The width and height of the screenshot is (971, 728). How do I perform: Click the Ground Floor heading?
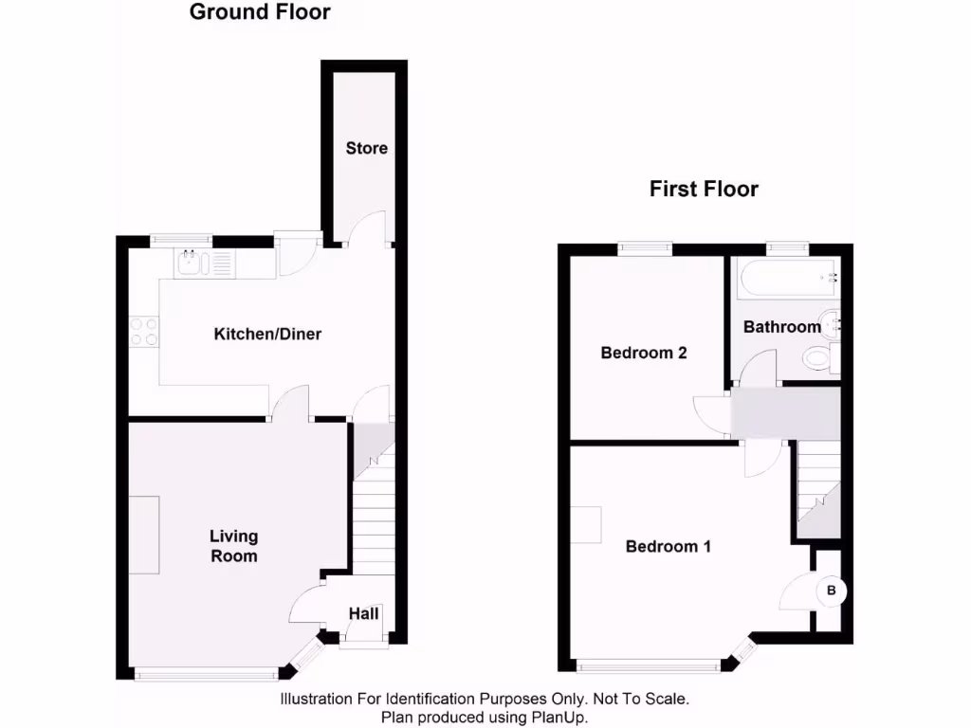[260, 12]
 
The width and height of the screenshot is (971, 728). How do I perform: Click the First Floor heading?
[704, 189]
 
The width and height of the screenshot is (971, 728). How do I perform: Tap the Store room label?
[366, 148]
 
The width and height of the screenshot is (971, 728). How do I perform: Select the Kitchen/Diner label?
[267, 334]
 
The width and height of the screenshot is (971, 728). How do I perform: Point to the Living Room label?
[233, 546]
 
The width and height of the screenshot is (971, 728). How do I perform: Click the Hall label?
[363, 613]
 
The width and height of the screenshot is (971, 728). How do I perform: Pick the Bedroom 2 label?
[644, 353]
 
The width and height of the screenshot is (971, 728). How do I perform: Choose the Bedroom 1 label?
[669, 546]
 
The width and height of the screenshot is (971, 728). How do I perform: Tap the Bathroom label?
[781, 327]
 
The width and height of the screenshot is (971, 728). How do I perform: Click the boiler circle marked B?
[832, 591]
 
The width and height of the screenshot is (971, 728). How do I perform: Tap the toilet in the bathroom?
[817, 359]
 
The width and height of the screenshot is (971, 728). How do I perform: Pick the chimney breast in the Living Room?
[144, 535]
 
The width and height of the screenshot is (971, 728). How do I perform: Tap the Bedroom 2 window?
[646, 248]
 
